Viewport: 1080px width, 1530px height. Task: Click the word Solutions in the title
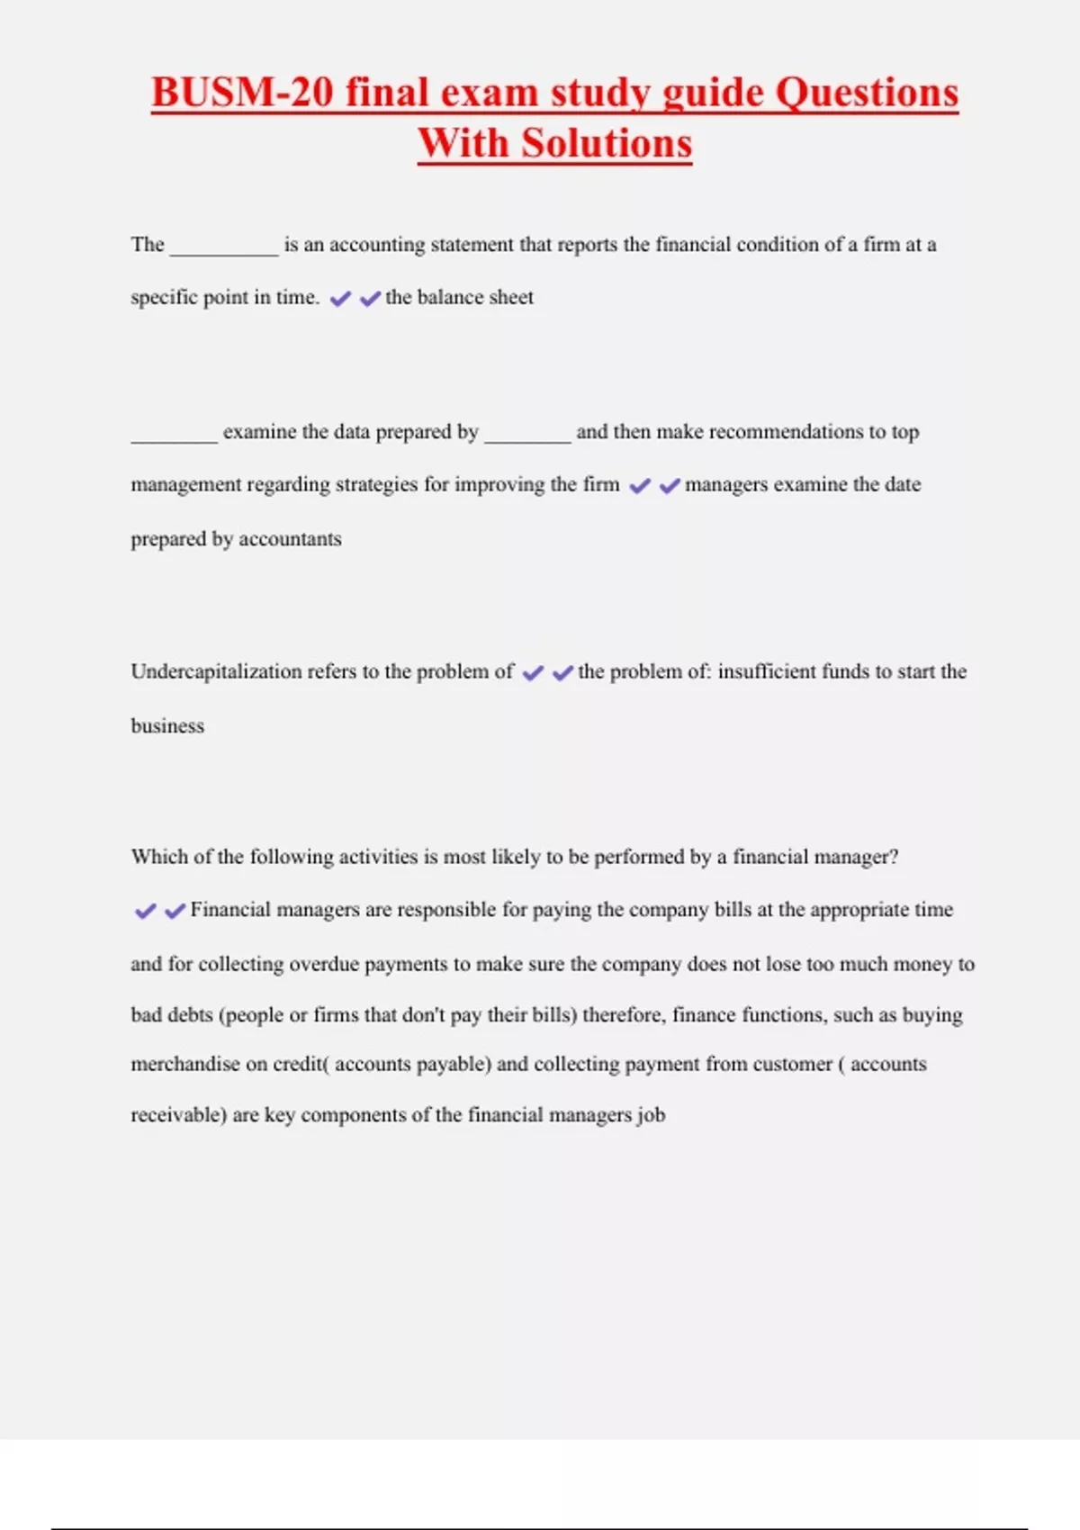(x=607, y=143)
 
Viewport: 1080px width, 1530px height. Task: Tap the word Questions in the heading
(x=867, y=93)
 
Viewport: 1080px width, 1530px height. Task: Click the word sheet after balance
(x=511, y=297)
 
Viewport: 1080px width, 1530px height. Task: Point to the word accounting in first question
(x=376, y=245)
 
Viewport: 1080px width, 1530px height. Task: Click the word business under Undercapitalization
(x=167, y=725)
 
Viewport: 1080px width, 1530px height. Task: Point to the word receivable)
(x=178, y=1115)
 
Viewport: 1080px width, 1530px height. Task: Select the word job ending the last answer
(x=651, y=1115)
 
